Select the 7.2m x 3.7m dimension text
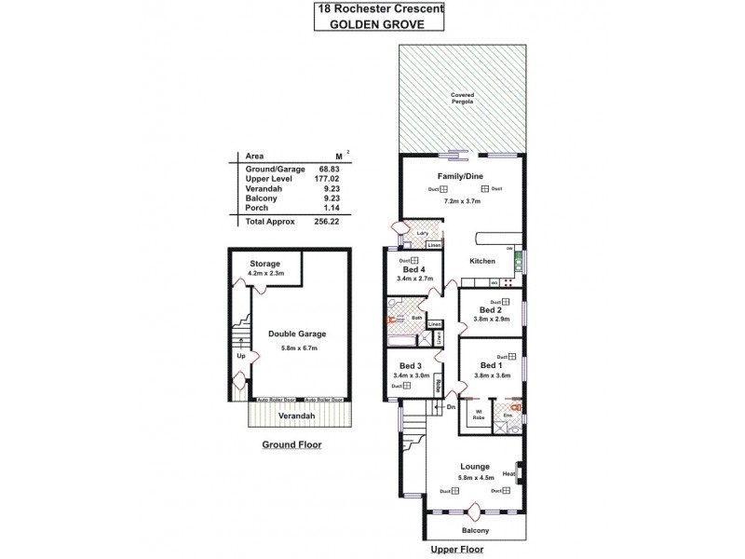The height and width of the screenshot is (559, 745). click(463, 201)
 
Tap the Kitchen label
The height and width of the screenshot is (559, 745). click(482, 262)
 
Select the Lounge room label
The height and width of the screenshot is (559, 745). click(475, 466)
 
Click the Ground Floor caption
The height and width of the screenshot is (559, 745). click(292, 445)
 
